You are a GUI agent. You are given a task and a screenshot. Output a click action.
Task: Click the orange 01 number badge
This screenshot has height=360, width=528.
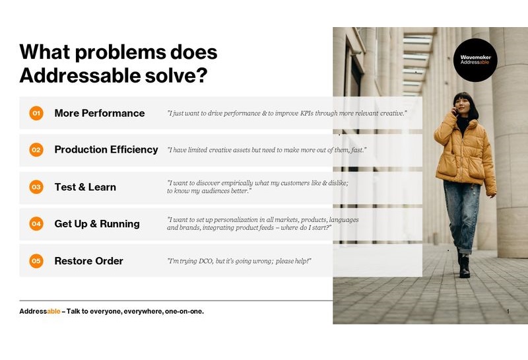(x=36, y=113)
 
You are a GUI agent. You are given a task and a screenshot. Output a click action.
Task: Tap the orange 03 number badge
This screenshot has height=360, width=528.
(x=36, y=187)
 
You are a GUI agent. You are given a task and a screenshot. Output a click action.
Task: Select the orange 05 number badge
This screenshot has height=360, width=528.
(x=36, y=261)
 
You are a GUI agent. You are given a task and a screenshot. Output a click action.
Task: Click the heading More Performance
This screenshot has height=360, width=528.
(x=100, y=113)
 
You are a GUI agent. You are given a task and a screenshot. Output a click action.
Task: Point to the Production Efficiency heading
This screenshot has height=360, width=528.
(x=106, y=150)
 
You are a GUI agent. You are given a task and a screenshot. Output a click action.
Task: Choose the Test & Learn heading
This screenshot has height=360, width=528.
(x=85, y=187)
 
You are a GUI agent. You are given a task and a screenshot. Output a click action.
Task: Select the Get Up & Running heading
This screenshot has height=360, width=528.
(x=97, y=224)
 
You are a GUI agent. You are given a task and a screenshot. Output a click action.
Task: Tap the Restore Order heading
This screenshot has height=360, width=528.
(x=89, y=261)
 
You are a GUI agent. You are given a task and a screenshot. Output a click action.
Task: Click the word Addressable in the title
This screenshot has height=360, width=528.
(x=80, y=75)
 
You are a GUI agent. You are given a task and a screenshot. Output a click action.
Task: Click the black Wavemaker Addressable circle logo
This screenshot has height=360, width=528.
(x=475, y=60)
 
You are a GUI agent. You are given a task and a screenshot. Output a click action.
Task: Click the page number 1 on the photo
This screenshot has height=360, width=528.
(x=508, y=312)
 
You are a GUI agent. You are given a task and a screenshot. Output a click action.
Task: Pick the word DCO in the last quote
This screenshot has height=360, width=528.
(x=205, y=261)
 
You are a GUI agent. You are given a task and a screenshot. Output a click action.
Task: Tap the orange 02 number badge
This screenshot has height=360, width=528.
(x=36, y=150)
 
